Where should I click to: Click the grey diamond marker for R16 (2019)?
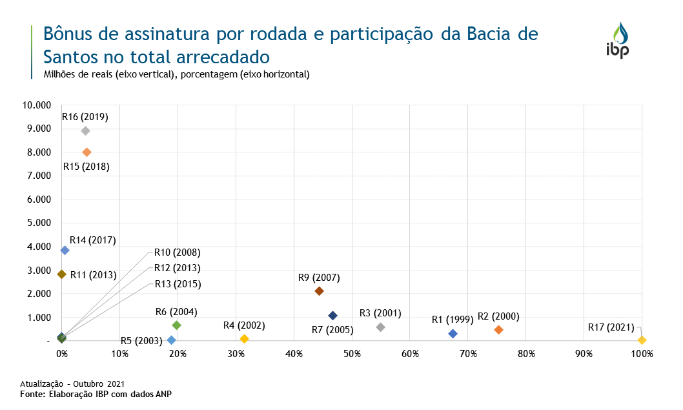pos(85,130)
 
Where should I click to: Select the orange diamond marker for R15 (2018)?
pos(87,152)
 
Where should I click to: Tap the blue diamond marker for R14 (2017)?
pos(65,251)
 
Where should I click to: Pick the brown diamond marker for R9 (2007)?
pos(319,291)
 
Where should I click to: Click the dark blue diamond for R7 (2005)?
pos(332,316)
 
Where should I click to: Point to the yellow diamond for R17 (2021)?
pos(642,340)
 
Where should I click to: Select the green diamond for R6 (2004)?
pos(177,325)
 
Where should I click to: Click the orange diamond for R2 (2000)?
pos(498,330)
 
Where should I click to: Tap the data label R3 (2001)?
pos(380,314)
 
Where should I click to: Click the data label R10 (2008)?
pos(177,252)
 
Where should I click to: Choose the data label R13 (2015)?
pos(177,284)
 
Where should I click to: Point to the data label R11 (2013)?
pos(93,275)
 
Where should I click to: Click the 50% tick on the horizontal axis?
pos(352,354)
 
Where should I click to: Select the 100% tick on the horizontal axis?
pos(642,354)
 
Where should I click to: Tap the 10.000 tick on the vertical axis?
pos(36,105)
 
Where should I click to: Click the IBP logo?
pos(617,40)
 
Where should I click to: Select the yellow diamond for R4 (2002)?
pos(244,339)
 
